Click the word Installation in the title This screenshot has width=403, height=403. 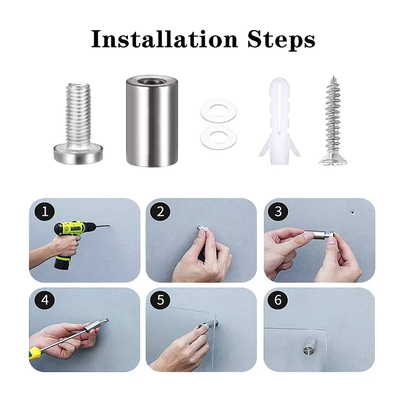(165, 39)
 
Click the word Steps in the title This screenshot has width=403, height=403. (281, 40)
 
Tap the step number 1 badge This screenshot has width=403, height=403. (45, 212)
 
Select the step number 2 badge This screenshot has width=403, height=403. (160, 212)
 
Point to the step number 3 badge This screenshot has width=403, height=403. (278, 212)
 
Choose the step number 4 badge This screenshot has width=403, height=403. (45, 300)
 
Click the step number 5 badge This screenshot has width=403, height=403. (160, 300)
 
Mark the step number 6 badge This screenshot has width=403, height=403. (278, 300)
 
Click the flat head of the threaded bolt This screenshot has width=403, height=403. (78, 154)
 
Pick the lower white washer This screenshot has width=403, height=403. (219, 138)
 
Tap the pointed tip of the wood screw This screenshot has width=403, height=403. (333, 77)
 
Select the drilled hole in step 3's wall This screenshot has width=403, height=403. (352, 212)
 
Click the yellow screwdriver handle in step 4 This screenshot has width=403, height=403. (35, 353)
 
